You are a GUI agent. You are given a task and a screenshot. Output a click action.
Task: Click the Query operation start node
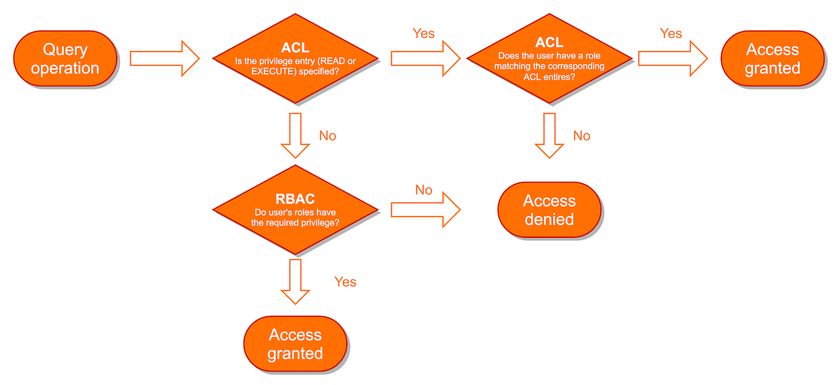pyautogui.click(x=65, y=59)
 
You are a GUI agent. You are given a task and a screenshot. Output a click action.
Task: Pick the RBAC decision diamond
pyautogui.click(x=296, y=210)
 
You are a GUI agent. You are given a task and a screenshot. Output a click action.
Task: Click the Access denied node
pyautogui.click(x=549, y=210)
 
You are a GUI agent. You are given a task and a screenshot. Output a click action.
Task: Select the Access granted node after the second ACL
pyautogui.click(x=773, y=59)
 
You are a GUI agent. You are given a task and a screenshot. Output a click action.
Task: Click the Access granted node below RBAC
pyautogui.click(x=296, y=344)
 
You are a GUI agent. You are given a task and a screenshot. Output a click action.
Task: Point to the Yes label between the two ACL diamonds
pyautogui.click(x=423, y=34)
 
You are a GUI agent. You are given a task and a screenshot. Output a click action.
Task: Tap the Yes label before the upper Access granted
pyautogui.click(x=671, y=34)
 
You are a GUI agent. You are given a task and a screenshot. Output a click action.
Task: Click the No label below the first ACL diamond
pyautogui.click(x=327, y=136)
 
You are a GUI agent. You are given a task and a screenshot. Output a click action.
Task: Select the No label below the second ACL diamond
pyautogui.click(x=582, y=136)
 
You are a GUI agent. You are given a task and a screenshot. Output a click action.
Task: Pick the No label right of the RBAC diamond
pyautogui.click(x=423, y=190)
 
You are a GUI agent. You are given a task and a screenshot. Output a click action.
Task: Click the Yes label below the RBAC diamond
pyautogui.click(x=345, y=281)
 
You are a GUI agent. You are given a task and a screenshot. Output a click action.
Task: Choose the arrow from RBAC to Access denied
pyautogui.click(x=425, y=210)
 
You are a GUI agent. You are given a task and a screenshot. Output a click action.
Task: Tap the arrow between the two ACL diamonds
pyautogui.click(x=425, y=58)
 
